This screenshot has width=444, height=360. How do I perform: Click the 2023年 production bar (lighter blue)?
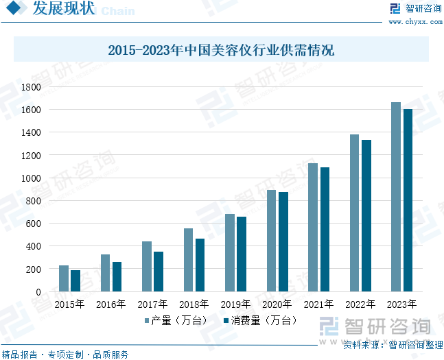[x=396, y=197]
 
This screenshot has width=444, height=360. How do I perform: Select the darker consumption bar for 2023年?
[x=408, y=200]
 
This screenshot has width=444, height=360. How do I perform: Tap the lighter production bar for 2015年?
[x=64, y=278]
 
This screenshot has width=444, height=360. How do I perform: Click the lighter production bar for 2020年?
[x=272, y=241]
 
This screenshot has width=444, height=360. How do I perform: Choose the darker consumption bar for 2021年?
[x=325, y=229]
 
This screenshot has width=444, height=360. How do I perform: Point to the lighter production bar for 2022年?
[x=354, y=213]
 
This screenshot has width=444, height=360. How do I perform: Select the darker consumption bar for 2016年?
[x=117, y=276]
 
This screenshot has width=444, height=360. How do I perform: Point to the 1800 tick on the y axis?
[x=31, y=87]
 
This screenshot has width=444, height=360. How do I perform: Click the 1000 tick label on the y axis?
[x=31, y=178]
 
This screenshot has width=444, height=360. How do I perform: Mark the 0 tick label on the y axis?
[x=38, y=291]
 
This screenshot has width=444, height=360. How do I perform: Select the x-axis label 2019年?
[x=235, y=304]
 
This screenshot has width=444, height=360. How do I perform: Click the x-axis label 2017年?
[x=152, y=304]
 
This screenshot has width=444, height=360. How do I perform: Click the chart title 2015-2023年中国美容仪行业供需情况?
[x=221, y=50]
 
